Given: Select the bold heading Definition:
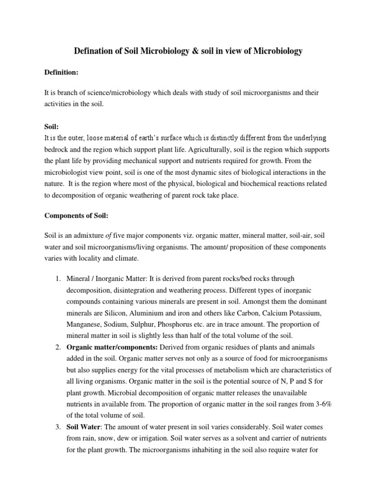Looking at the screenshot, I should point(61,72).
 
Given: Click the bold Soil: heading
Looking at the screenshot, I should point(52,126).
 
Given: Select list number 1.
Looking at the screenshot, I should point(57,279).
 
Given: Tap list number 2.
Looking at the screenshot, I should point(57,347).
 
